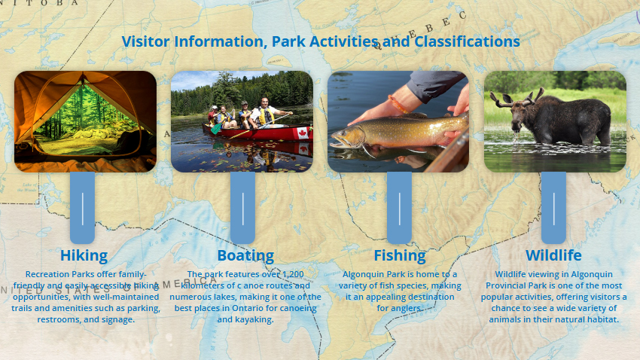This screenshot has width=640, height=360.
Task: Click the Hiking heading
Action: coord(84,255)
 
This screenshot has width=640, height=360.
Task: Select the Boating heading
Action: coord(245,255)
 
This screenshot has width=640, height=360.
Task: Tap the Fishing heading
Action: coord(400,255)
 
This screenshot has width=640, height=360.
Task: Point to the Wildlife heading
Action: coord(553,255)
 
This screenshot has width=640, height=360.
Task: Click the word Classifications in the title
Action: coord(467,41)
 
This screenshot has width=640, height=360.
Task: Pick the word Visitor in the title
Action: coord(145,41)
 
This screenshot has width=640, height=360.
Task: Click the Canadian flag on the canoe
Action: coord(303,133)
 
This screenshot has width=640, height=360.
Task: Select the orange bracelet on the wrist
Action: coord(397,104)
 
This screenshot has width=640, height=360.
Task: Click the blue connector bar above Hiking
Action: coord(83,208)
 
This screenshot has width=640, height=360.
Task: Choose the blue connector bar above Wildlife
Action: coord(553,208)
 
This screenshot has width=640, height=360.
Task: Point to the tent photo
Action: coord(85,121)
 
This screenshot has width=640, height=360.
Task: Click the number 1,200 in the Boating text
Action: coord(293,274)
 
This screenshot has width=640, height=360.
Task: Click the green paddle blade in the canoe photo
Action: coord(216,129)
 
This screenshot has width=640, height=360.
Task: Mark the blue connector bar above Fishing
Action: coord(399,208)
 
